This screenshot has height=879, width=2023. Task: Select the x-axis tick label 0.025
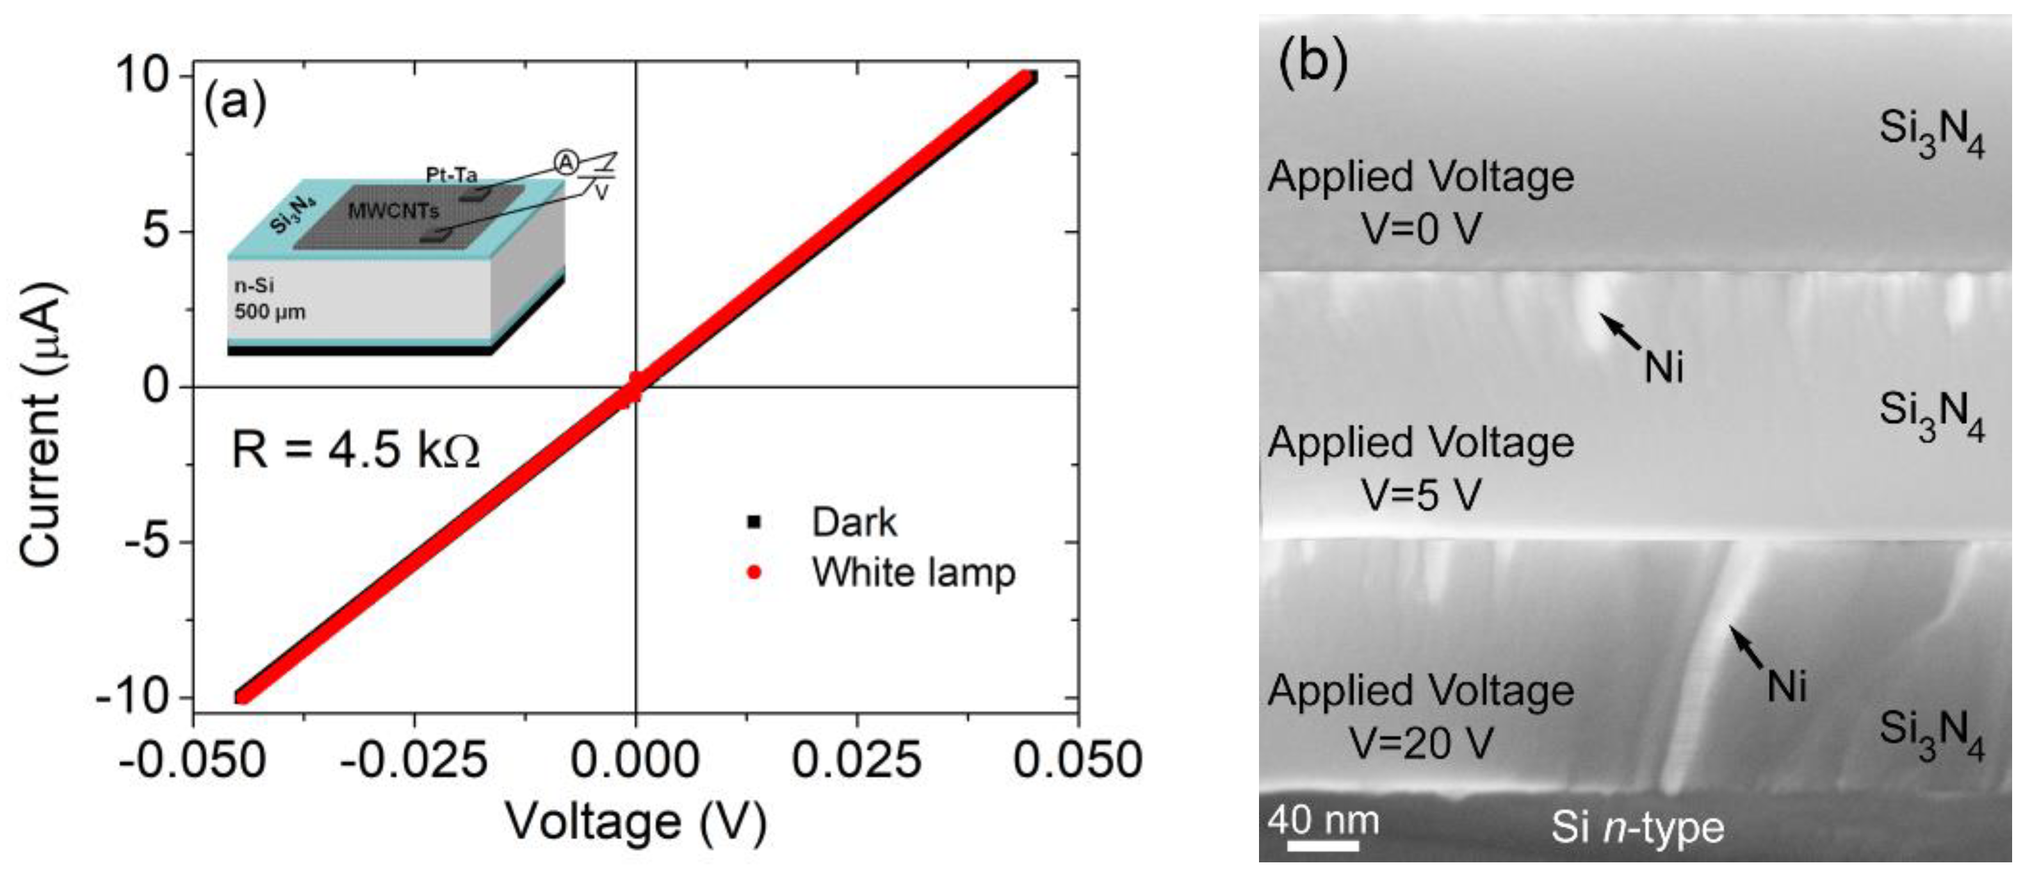[856, 760]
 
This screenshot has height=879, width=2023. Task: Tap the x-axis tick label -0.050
[192, 760]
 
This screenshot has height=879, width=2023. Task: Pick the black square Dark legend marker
[754, 522]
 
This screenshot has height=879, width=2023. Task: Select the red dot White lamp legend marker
[754, 573]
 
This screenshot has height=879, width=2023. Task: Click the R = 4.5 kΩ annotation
[355, 451]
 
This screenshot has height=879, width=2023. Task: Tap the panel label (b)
[1313, 62]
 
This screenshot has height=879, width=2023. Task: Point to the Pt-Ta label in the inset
[451, 174]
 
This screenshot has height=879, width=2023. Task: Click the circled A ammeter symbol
[565, 163]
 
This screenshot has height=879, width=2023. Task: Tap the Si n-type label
[1637, 828]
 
